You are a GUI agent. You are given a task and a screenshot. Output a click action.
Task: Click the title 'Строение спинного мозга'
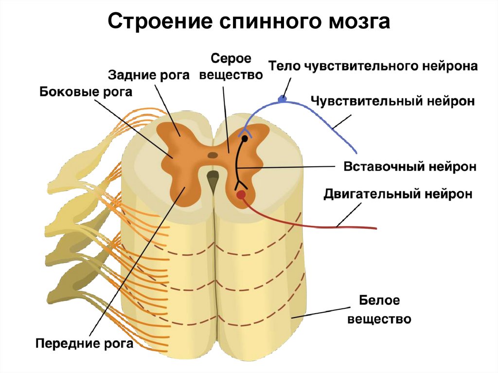249,21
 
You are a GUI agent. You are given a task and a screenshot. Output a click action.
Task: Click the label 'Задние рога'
148,75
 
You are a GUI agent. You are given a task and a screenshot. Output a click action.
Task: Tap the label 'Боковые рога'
86,92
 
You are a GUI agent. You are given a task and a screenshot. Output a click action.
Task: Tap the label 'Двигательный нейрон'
398,194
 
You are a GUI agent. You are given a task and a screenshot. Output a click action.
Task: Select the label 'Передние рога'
84,344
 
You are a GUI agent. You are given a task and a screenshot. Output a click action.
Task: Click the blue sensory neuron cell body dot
281,99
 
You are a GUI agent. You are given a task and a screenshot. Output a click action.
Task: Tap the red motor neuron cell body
240,195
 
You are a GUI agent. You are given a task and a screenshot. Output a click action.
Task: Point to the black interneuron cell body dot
244,139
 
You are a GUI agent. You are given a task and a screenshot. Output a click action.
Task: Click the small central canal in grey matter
213,156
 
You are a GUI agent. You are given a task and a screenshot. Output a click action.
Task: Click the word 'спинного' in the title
265,22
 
